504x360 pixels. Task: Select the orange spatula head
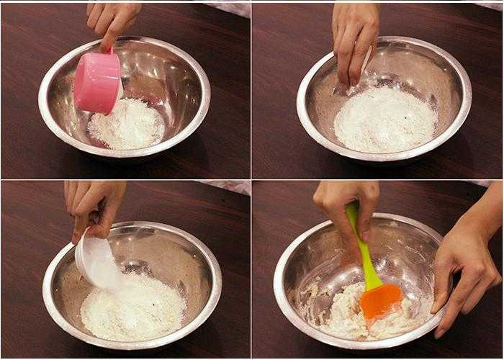coord(380,300)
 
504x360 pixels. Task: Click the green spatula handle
coord(361,245)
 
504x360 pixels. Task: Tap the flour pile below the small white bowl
coord(133,306)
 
